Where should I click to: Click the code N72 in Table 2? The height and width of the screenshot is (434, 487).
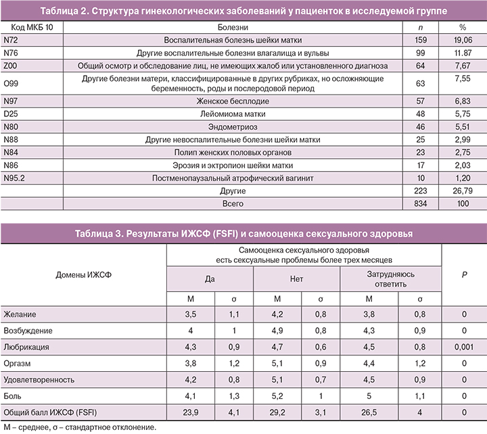[x=10, y=40]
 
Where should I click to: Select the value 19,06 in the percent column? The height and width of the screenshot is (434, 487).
[x=463, y=40]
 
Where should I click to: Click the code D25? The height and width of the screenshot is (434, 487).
[x=10, y=114]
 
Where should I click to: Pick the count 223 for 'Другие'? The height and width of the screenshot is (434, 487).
[x=425, y=191]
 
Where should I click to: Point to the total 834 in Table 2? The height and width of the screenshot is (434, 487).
[x=425, y=203]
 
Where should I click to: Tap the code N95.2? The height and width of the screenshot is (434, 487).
[x=14, y=178]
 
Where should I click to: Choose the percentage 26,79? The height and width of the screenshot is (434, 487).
[x=463, y=191]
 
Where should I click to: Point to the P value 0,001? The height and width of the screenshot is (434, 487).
[x=464, y=346]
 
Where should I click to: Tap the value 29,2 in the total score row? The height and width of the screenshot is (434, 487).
[x=277, y=411]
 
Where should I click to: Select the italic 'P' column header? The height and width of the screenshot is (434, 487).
[x=464, y=275]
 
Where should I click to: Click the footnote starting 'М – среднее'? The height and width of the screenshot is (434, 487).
[x=79, y=427]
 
